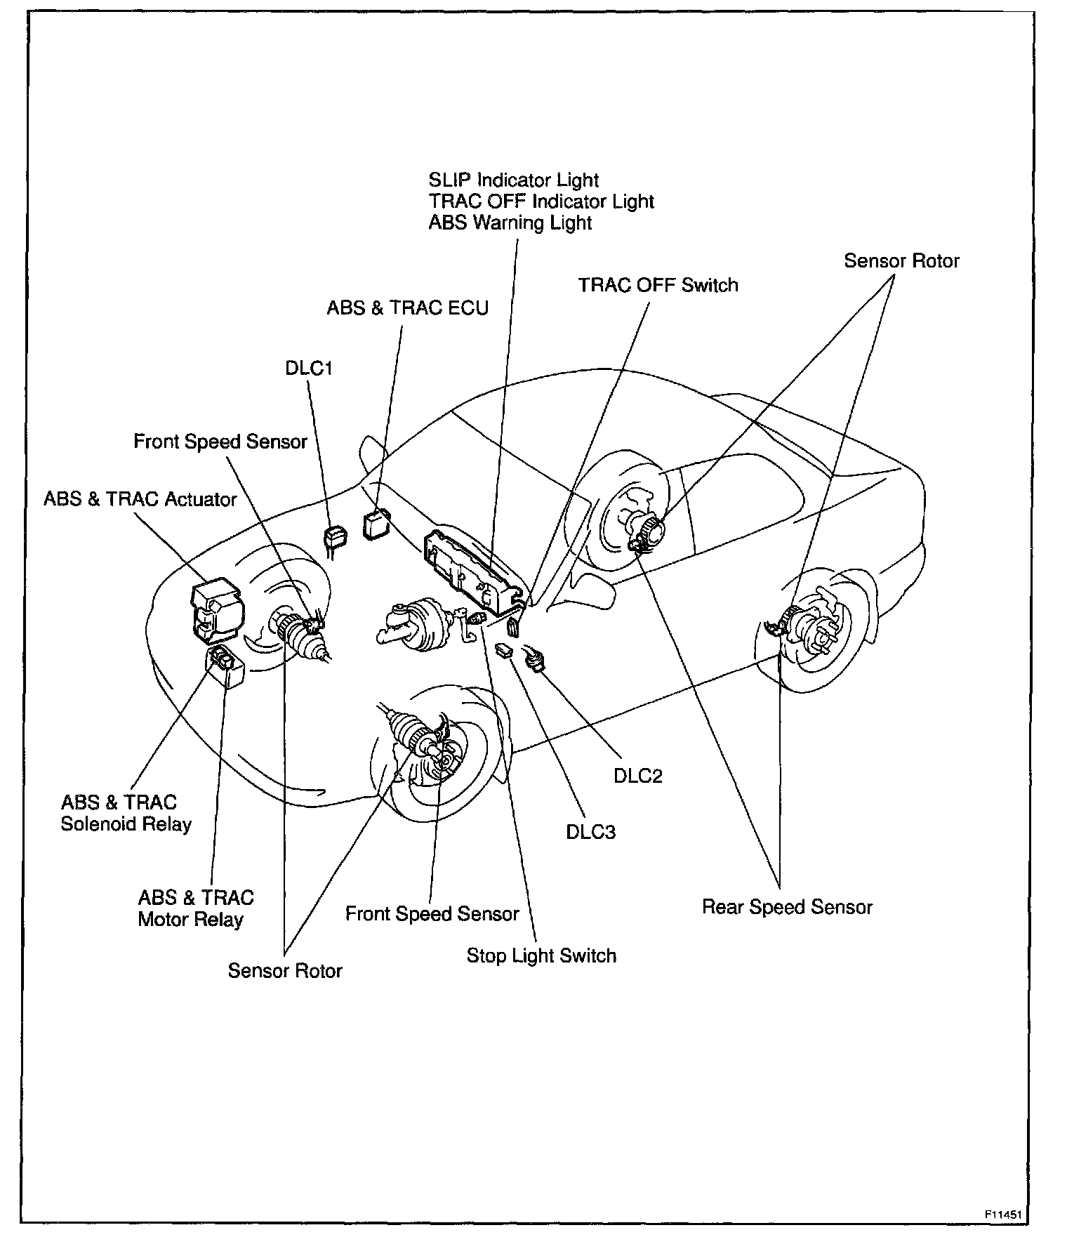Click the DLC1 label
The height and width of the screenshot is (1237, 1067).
point(308,369)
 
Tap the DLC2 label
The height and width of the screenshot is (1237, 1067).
point(637,776)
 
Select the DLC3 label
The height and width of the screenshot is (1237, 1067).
point(590,832)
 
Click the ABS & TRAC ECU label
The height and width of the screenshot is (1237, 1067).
point(407,308)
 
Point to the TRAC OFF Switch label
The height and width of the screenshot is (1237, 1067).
point(658,285)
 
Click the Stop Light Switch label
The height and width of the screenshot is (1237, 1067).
point(541,955)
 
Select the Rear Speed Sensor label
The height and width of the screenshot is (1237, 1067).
point(787,907)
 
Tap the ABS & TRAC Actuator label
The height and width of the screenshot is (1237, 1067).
point(140,499)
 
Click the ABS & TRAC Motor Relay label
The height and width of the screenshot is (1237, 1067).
point(195,908)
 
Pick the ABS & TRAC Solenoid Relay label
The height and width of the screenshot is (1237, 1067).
point(126,813)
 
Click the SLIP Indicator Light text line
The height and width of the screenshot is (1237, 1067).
point(513,180)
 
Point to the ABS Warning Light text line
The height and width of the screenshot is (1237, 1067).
point(510,223)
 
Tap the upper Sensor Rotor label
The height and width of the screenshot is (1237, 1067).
point(901,261)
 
